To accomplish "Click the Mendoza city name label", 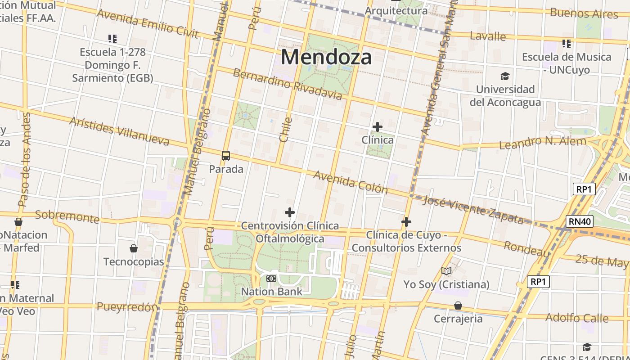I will (x=326, y=57).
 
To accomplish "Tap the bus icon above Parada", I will (x=226, y=156).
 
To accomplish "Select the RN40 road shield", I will (x=580, y=221).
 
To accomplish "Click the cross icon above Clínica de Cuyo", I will (x=406, y=222).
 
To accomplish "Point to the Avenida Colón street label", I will (x=351, y=182).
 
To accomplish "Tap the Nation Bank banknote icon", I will (x=271, y=279).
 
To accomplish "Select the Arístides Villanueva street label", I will (x=119, y=131).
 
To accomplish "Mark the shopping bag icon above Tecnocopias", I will (x=134, y=248).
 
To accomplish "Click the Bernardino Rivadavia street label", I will (x=287, y=84).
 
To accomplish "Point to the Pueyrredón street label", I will (x=127, y=307).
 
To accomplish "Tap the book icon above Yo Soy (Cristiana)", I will (x=446, y=271).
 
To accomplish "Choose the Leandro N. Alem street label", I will (x=543, y=143).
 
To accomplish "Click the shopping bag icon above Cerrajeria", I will (x=458, y=306).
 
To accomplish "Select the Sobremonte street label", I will (x=67, y=216).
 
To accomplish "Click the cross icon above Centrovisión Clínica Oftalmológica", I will (x=290, y=212).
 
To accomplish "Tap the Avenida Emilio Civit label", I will (x=148, y=23).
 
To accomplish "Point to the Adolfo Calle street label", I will (x=577, y=318).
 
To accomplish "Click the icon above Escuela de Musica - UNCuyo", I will (x=567, y=44).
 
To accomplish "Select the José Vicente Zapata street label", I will (x=473, y=210).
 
